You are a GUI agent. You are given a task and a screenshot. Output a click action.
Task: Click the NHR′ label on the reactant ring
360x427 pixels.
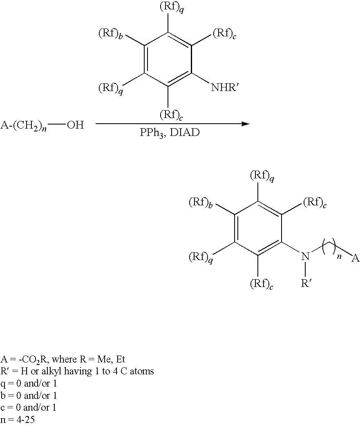tap(224, 88)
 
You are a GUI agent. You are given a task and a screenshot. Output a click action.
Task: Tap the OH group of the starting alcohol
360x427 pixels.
tap(75, 125)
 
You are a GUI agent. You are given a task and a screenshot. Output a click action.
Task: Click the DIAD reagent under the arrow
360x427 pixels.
tap(185, 133)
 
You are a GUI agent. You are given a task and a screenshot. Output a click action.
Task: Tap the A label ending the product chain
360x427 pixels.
tap(356, 258)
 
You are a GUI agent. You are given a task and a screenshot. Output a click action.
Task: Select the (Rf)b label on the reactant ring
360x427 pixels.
tap(110, 33)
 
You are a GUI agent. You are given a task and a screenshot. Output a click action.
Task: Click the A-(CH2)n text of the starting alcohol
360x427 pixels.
tap(23, 125)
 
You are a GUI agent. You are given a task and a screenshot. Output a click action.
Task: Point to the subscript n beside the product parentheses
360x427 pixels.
tap(339, 256)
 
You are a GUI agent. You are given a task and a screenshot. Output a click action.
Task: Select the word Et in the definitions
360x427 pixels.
tap(120, 360)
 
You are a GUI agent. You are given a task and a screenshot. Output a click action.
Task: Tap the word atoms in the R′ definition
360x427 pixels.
tap(143, 371)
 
